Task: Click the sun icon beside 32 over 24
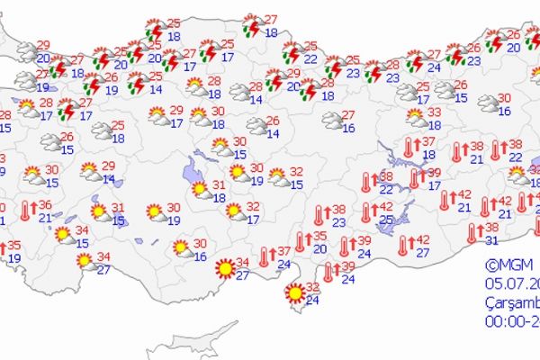294,292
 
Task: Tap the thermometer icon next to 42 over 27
403,244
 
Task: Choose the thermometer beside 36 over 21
25,211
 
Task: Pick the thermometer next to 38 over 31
473,233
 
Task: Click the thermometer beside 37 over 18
409,148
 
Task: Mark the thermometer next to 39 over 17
415,178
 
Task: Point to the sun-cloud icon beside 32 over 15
277,177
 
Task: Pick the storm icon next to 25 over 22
291,52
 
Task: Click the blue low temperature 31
492,239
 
